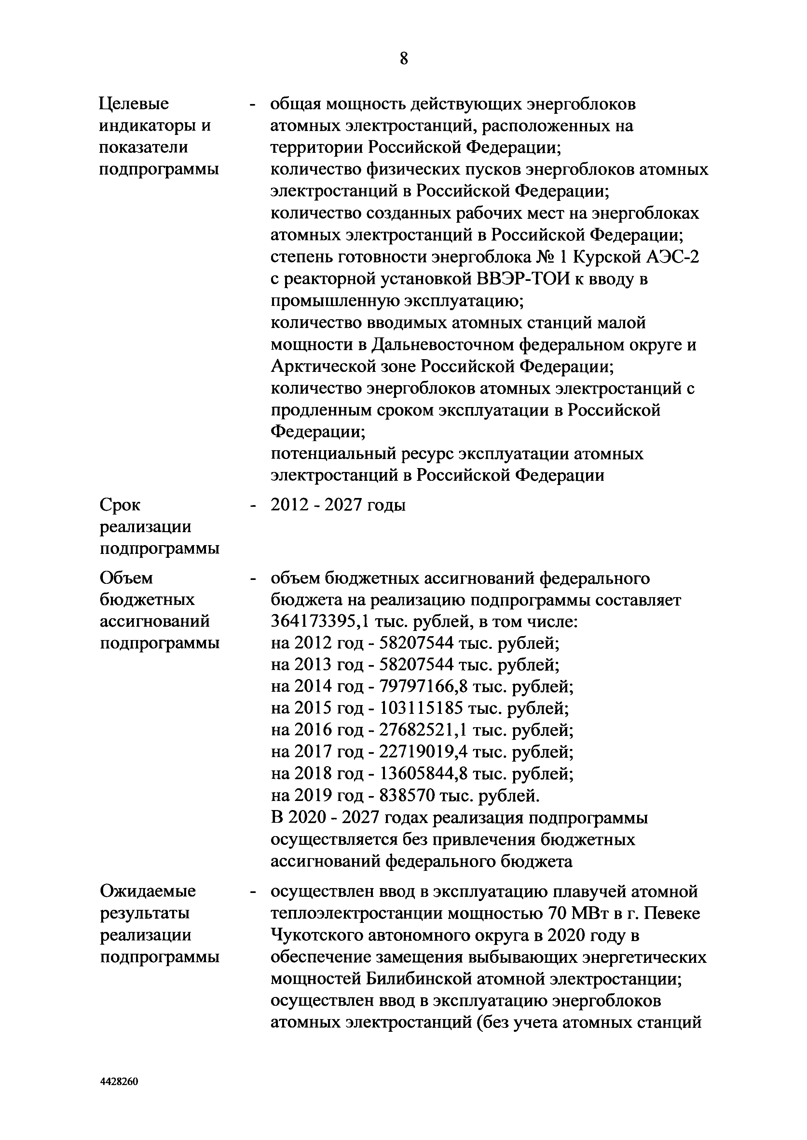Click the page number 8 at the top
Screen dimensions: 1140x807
[403, 59]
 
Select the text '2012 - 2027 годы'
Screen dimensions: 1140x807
[338, 506]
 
